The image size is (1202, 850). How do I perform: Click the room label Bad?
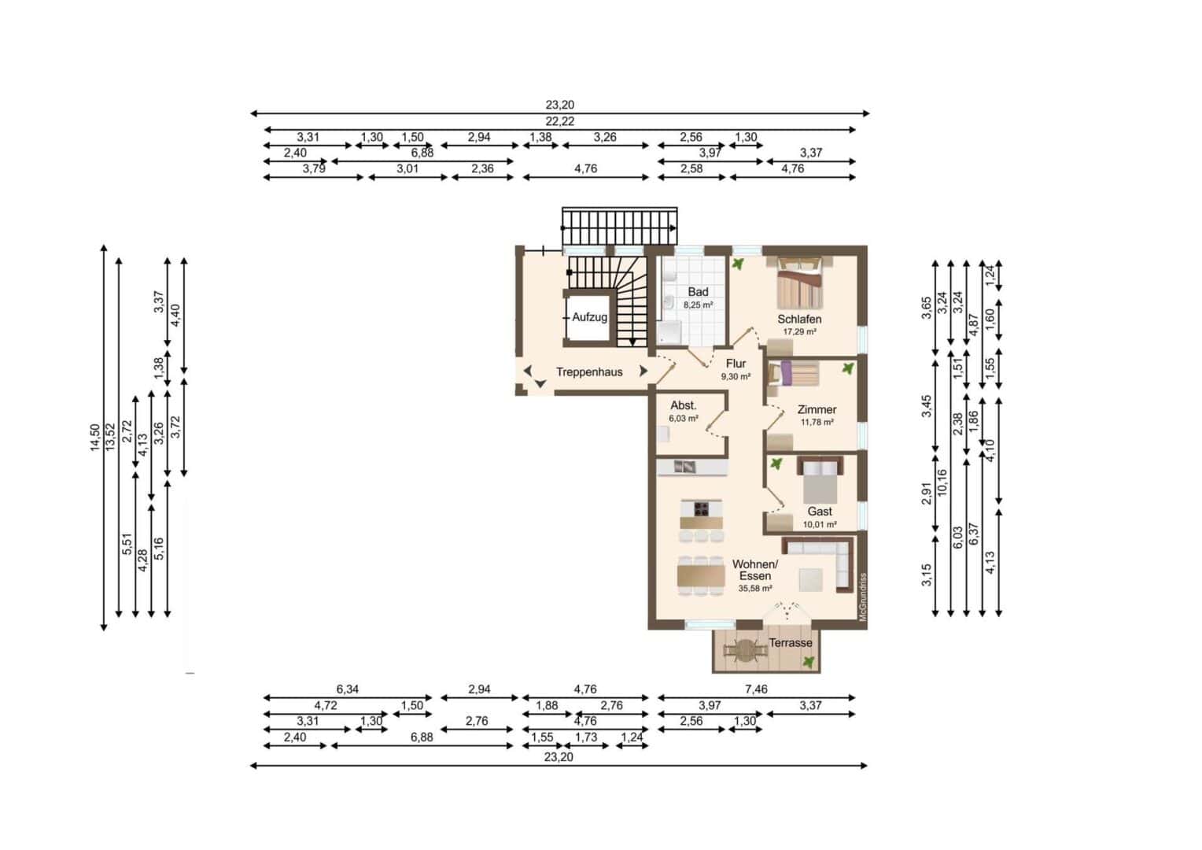[x=698, y=292]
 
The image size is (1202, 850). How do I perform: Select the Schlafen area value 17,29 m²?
[x=799, y=332]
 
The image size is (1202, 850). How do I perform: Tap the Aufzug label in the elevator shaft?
[x=589, y=317]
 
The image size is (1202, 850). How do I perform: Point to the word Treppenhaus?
[x=589, y=372]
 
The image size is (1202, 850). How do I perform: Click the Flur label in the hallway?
[x=736, y=364]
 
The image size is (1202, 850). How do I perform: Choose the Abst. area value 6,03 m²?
[x=683, y=419]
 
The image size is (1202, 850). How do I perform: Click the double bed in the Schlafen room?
[x=799, y=283]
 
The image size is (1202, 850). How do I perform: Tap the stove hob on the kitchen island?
[x=702, y=507]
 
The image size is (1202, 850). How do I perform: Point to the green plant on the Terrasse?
[x=808, y=663]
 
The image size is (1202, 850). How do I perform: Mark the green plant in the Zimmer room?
[x=847, y=368]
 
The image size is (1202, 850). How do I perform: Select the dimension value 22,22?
[x=560, y=121]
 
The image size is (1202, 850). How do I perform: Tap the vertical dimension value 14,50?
[x=95, y=437]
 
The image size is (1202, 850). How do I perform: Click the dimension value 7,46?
[x=755, y=689]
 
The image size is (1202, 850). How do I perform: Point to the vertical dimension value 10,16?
[x=942, y=482]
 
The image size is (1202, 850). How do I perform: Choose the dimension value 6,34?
[x=347, y=689]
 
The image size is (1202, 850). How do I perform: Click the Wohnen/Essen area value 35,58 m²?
[x=754, y=588]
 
